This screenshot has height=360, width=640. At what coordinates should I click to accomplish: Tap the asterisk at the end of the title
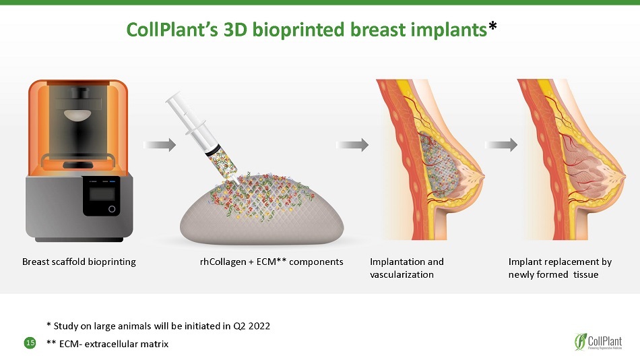click(492, 26)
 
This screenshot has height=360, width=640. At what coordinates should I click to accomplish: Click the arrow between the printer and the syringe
click(160, 145)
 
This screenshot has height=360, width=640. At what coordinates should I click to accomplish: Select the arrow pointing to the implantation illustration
click(352, 145)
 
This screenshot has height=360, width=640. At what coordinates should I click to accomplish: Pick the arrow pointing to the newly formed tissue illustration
click(501, 145)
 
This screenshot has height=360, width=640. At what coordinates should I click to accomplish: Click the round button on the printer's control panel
click(111, 209)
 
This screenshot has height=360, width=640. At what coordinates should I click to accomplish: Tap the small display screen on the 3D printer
click(102, 195)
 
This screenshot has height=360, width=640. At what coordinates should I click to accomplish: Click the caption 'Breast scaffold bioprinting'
click(79, 262)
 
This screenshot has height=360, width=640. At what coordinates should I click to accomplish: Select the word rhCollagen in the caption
click(223, 262)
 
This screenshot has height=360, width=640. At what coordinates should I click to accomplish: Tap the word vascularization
click(402, 274)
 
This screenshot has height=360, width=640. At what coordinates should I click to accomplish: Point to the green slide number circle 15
click(30, 343)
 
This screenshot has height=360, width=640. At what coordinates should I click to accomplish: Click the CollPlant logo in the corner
click(598, 341)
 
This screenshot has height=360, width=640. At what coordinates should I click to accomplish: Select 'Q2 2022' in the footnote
click(251, 326)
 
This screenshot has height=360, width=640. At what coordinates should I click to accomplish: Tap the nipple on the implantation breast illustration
click(481, 177)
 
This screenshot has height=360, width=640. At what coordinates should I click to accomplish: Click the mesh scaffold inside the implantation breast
click(437, 163)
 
